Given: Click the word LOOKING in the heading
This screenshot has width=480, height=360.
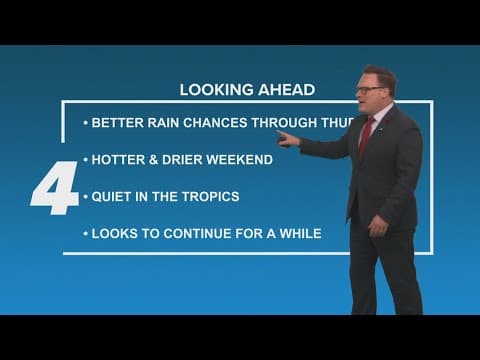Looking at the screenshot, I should pyautogui.click(x=211, y=90).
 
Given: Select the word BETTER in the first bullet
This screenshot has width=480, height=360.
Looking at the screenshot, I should pyautogui.click(x=117, y=123).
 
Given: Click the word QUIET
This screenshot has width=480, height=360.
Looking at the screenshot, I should pyautogui.click(x=113, y=196).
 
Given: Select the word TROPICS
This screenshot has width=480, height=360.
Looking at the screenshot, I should pyautogui.click(x=206, y=196).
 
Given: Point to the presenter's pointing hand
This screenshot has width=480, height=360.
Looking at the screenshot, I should pyautogui.click(x=288, y=137).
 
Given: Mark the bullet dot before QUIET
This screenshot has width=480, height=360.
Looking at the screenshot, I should pyautogui.click(x=85, y=196).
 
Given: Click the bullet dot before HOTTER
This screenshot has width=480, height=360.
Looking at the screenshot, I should pyautogui.click(x=85, y=160).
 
